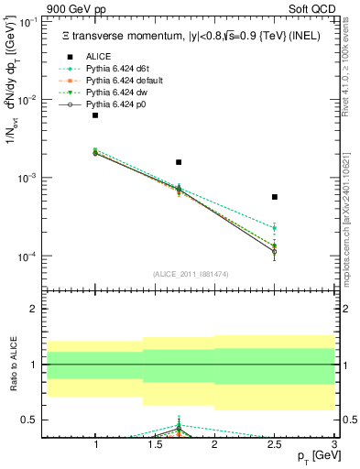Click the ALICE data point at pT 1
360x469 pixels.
pos(95,115)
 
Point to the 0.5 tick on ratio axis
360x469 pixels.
pos(30,420)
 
